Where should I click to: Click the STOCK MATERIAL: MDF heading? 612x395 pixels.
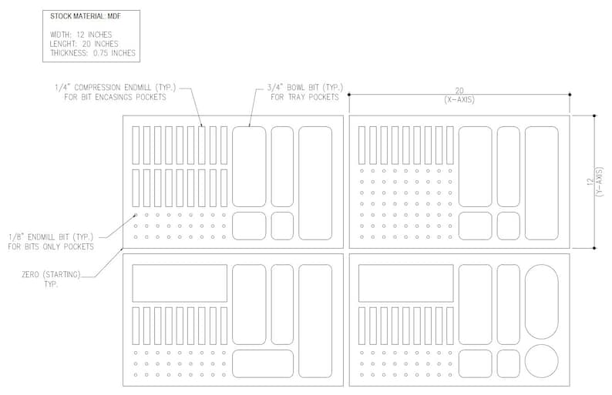click(86, 16)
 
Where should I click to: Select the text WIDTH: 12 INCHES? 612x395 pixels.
click(81, 35)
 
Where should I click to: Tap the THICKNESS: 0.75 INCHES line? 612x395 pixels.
click(92, 53)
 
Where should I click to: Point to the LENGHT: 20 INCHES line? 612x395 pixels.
click(84, 44)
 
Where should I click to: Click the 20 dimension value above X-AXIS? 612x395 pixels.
click(459, 92)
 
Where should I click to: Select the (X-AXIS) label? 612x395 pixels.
click(459, 100)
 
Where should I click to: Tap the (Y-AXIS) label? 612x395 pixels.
click(600, 182)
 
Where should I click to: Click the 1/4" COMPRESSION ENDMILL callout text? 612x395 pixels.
click(116, 87)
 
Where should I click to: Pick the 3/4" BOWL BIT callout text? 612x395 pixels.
click(305, 87)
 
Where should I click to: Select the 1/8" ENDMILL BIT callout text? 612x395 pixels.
click(51, 237)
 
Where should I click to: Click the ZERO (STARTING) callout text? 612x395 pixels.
click(51, 275)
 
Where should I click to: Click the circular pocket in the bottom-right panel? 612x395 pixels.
click(542, 361)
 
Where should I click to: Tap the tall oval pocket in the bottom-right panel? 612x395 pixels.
click(542, 302)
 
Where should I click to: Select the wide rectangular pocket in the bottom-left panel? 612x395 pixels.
click(180, 283)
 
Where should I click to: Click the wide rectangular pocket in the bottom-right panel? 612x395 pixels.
click(406, 283)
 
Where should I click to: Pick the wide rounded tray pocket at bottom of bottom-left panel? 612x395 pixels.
click(263, 363)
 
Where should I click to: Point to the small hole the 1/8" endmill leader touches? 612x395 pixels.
click(136, 215)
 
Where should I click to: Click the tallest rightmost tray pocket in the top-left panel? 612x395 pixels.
click(315, 183)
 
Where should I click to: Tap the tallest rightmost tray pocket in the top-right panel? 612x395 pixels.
click(542, 183)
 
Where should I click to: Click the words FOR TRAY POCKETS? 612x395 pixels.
click(304, 97)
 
